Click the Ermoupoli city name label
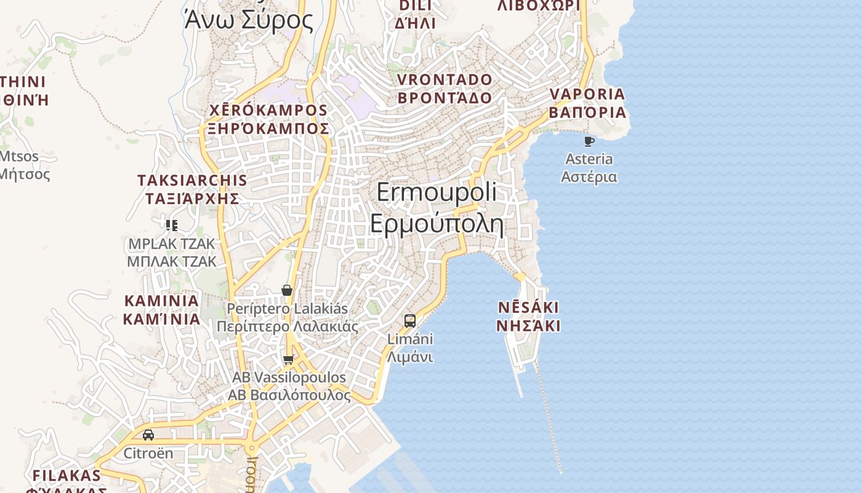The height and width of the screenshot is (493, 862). point(437,208)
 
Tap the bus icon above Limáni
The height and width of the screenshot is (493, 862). point(410,321)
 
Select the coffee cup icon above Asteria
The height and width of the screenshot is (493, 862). point(589,142)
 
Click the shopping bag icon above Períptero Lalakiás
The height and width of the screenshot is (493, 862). point(287,290)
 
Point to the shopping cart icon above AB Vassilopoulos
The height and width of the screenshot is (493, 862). point(288,359)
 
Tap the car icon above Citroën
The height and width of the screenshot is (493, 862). point(148,435)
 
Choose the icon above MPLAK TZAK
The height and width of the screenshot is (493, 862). point(172,226)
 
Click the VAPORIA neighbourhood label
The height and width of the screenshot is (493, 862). point(587,103)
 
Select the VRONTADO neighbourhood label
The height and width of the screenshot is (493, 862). point(445,89)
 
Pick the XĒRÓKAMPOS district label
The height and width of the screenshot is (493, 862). point(268,119)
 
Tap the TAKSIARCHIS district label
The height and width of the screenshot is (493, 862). point(192,189)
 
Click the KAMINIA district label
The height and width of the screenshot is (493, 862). point(161,310)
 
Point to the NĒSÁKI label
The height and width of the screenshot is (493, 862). point(528,316)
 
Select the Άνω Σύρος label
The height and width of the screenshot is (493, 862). point(249,20)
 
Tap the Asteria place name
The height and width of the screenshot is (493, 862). point(589,168)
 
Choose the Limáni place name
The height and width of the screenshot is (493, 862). point(410,348)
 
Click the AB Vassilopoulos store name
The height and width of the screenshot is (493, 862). point(289,386)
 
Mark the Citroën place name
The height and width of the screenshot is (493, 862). point(148,454)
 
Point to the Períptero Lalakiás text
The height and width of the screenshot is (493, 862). point(288,317)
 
